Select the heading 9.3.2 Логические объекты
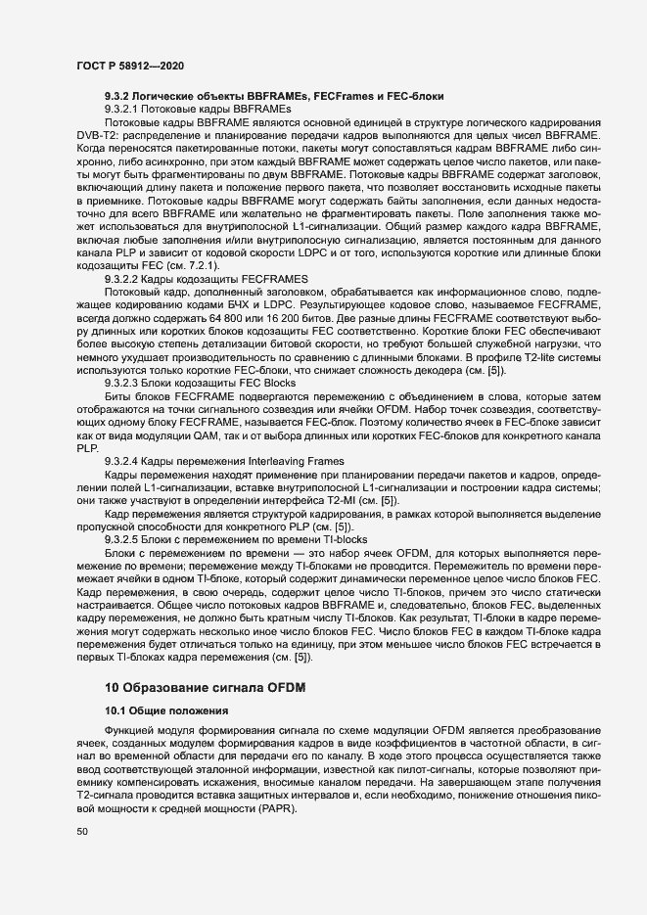[x=274, y=96]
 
